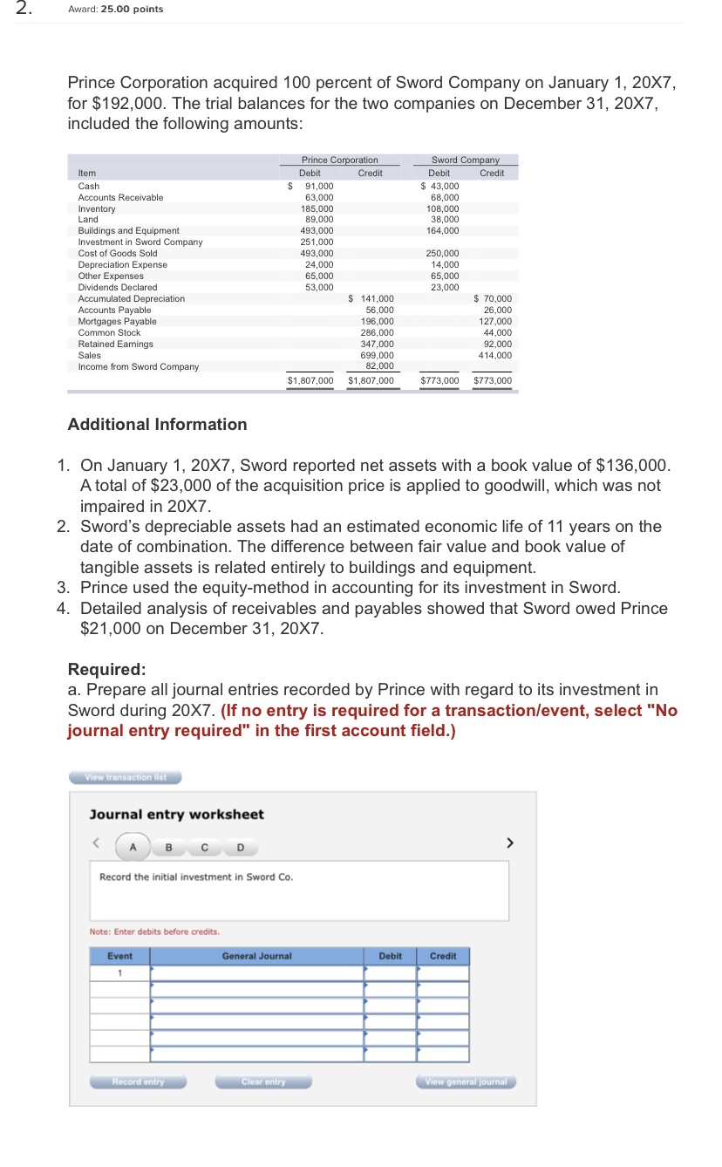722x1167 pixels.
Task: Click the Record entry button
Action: (138, 1082)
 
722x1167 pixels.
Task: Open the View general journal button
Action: (466, 1082)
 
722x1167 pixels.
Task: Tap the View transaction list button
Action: (125, 777)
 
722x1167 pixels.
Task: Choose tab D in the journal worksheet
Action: (240, 847)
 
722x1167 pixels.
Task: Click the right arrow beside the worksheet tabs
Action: (511, 843)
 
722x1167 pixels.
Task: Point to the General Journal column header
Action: (256, 956)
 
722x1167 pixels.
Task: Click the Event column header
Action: (119, 956)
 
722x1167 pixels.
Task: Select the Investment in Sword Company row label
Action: (140, 242)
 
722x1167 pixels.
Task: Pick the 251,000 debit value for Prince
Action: (318, 242)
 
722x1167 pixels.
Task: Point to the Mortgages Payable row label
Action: (118, 321)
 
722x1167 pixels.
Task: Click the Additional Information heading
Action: (157, 425)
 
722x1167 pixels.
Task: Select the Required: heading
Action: (106, 669)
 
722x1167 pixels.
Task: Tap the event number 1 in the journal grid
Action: (119, 972)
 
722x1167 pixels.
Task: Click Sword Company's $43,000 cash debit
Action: (440, 186)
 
